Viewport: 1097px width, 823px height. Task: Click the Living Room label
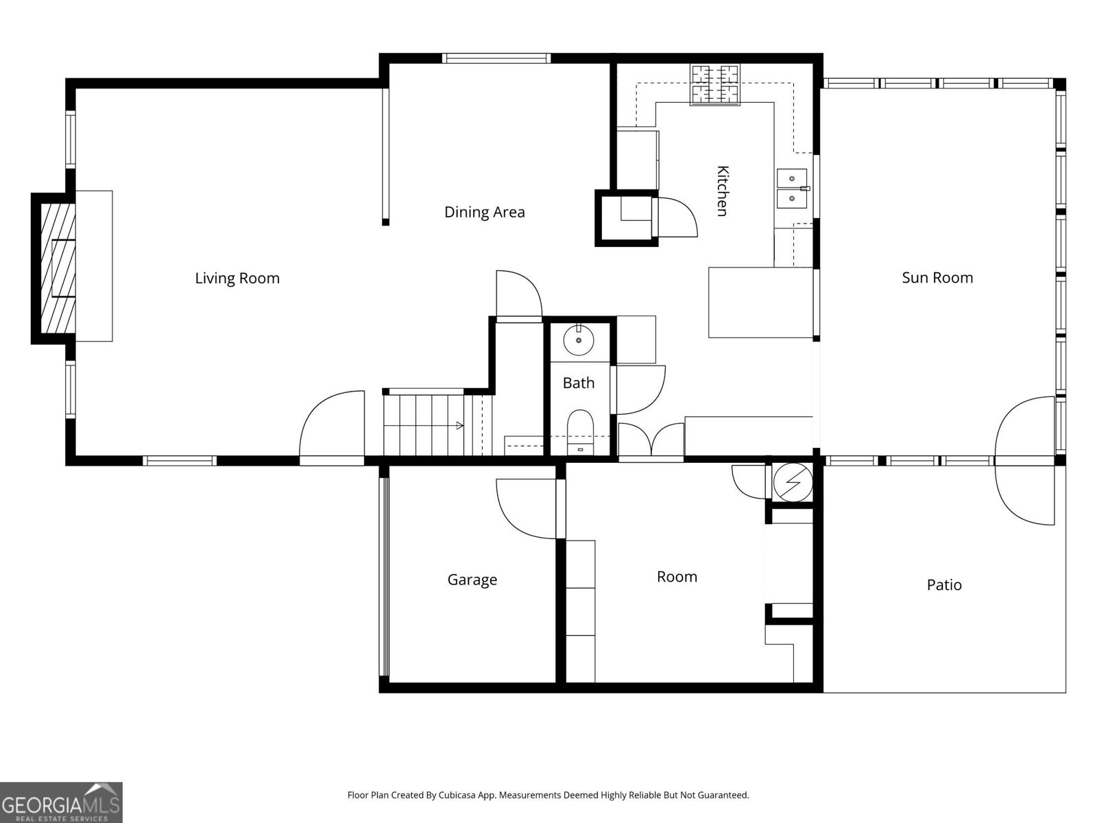(x=237, y=278)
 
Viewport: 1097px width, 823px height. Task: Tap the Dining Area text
(x=484, y=213)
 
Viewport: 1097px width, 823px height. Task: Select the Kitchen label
(x=722, y=191)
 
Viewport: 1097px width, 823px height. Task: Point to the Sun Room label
(x=937, y=278)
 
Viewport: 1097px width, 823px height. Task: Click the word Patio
(x=944, y=584)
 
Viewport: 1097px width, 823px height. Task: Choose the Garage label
(x=472, y=580)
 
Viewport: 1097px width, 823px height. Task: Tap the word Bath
(x=578, y=383)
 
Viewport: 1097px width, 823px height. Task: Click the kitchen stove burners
(x=714, y=84)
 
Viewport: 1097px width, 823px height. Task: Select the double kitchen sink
(x=792, y=189)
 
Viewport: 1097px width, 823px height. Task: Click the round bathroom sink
(x=578, y=339)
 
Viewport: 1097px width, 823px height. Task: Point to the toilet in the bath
(x=580, y=432)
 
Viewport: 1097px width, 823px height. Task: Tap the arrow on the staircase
(x=459, y=426)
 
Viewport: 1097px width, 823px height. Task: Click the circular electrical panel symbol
(x=793, y=482)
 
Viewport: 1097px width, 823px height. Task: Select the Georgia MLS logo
(x=61, y=802)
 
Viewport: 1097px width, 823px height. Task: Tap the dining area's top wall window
(x=496, y=58)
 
